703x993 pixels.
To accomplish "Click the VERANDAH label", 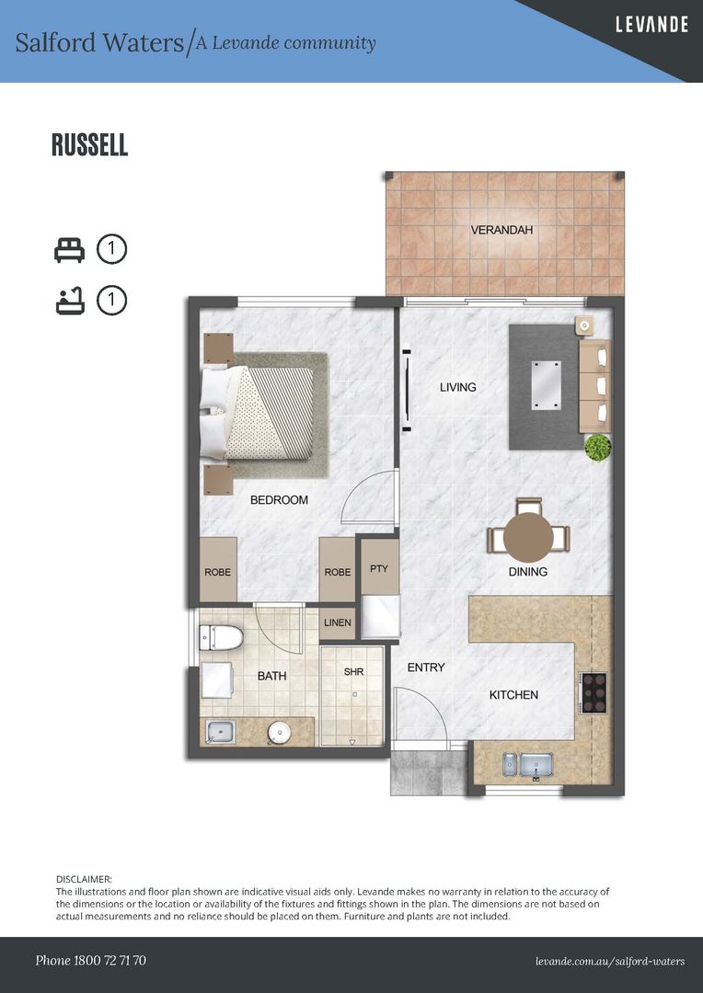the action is (501, 230).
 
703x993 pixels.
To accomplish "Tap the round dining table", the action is (528, 537).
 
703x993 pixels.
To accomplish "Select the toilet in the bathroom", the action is (221, 638).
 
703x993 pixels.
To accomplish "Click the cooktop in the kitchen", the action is (594, 693).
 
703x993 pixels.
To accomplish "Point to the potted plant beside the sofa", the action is (598, 448).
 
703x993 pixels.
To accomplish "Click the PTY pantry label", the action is (378, 569).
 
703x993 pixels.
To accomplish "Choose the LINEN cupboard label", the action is (337, 622).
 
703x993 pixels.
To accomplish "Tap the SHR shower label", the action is (353, 671).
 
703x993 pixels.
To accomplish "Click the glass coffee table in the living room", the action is (546, 385).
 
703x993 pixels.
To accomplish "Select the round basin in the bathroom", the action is (279, 733).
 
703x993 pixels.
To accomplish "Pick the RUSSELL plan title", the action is (90, 145).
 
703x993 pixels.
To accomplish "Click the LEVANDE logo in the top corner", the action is (651, 25).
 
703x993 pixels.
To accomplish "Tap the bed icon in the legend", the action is (69, 249).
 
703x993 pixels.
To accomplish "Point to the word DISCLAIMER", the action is (85, 879).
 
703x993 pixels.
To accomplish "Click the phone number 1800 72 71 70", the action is (109, 961).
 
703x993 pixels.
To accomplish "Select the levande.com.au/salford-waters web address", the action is (610, 962).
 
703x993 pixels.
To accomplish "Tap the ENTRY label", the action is (426, 667).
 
